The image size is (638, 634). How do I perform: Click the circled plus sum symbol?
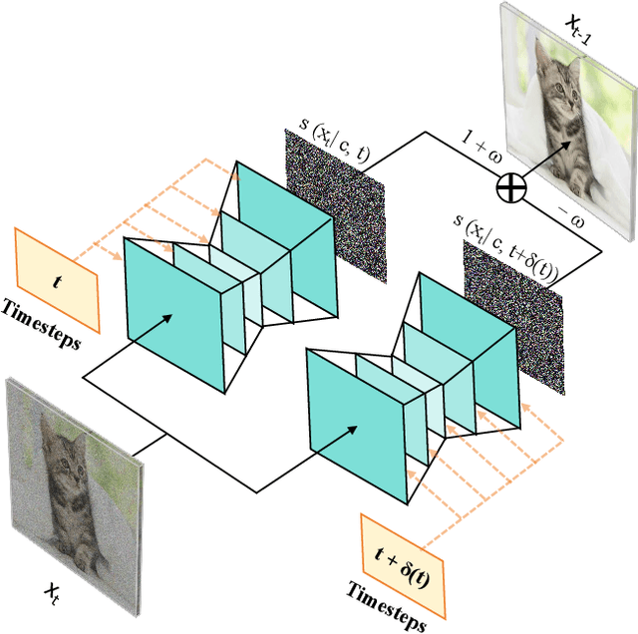click(510, 186)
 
